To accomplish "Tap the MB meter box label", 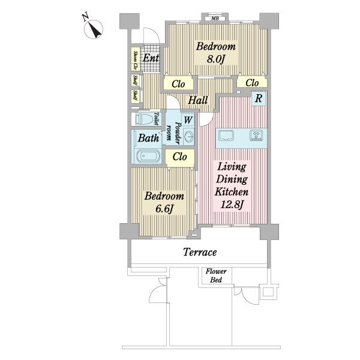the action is coord(215,19).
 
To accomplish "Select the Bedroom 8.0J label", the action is coord(216,53).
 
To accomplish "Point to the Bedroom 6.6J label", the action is coord(164,202).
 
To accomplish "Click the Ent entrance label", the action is coord(151,58).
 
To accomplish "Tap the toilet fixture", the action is coord(145,119).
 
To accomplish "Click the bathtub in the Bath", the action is coord(148,155).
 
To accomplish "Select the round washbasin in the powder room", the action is coord(189,137).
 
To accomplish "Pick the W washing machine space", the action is coord(188,120).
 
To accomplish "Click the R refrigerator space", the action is coord(259,98).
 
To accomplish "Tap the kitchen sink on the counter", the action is coord(226,135).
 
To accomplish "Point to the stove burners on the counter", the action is coord(256,135).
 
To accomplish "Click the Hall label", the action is coord(197,100).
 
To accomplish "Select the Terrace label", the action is coord(200,252).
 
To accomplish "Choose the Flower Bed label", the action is coord(216,275).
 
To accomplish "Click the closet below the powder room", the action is coord(180,157).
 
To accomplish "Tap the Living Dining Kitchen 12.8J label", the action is coord(232,185).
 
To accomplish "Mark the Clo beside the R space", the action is coord(252,83).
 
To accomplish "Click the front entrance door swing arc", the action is coord(154,32).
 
